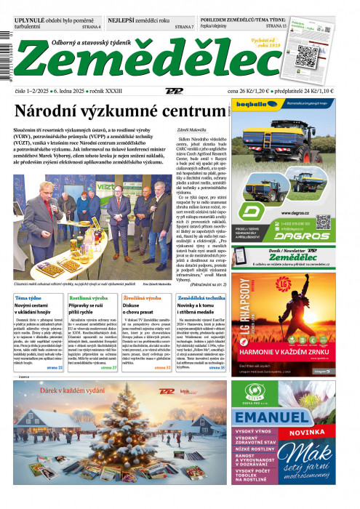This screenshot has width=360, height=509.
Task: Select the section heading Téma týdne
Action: click(30, 298)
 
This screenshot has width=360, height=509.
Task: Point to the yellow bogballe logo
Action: click(255, 111)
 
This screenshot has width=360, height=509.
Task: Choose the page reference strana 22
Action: click(55, 368)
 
